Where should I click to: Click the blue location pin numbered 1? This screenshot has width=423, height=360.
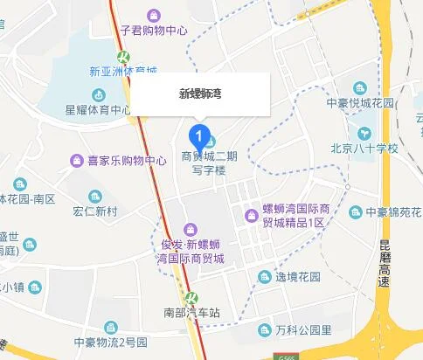(x=200, y=136)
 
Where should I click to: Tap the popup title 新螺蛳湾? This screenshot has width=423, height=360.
(x=200, y=92)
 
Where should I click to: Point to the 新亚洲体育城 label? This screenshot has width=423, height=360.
(x=123, y=70)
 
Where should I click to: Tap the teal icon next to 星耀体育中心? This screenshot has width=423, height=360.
(x=95, y=94)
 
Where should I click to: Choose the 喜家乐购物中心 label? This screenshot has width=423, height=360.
(x=126, y=161)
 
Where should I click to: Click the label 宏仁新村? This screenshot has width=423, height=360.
(x=95, y=211)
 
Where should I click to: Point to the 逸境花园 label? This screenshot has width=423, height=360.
(x=302, y=277)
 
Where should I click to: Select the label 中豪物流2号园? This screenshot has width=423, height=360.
(x=111, y=342)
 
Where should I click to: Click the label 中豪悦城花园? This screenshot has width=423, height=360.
(x=361, y=101)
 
